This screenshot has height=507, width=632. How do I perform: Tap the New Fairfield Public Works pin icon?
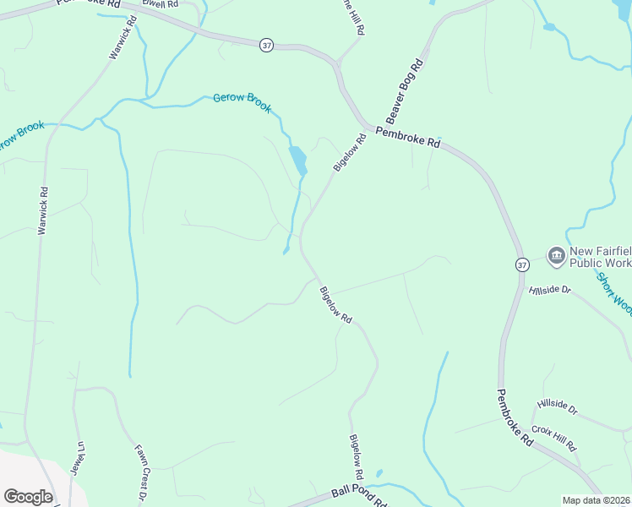(x=556, y=255)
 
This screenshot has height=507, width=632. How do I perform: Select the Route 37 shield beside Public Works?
(x=522, y=264)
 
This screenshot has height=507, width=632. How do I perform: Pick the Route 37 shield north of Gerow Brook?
(x=266, y=45)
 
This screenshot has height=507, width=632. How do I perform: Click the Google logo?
(x=28, y=497)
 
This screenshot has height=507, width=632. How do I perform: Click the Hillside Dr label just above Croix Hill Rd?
(x=558, y=408)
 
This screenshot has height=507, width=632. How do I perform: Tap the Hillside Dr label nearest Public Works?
(x=550, y=290)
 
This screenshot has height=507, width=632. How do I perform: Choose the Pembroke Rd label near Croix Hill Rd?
(x=514, y=417)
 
